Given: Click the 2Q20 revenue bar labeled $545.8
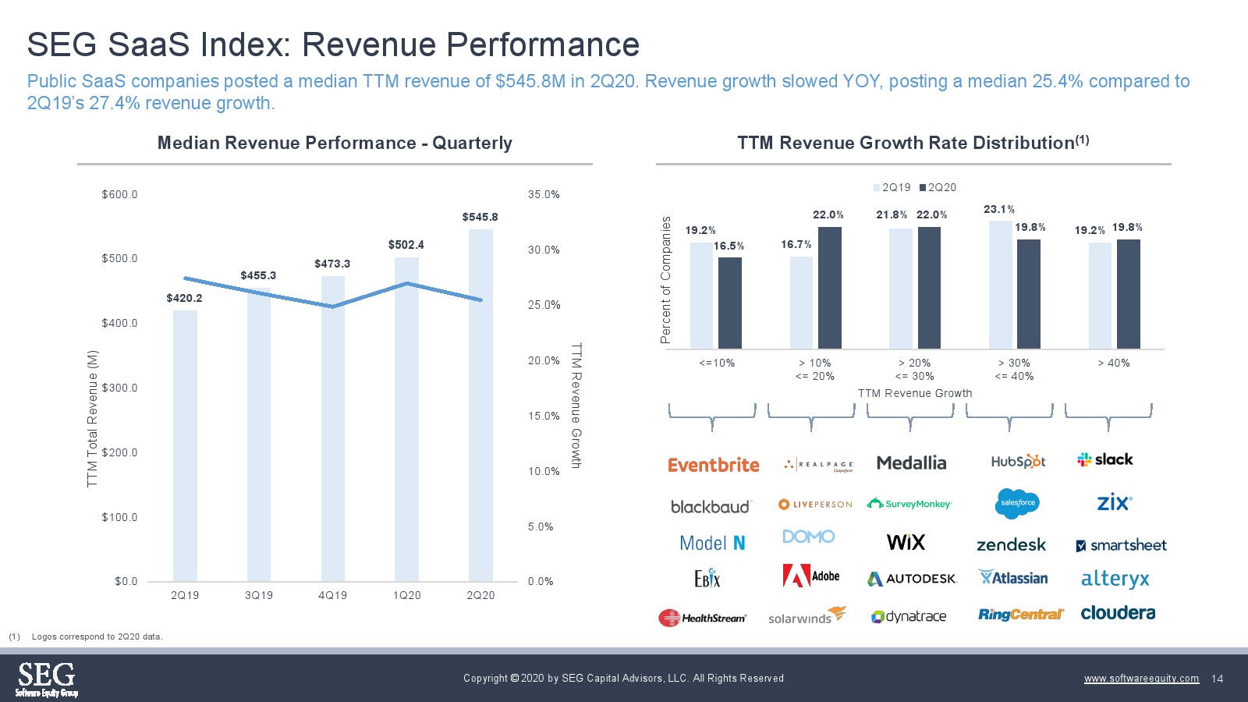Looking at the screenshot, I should tap(480, 406).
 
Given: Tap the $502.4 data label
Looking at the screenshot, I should tap(406, 245).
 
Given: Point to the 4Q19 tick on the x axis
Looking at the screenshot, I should tap(332, 595).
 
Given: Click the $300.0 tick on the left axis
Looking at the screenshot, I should tap(119, 388).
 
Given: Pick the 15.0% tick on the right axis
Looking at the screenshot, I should tap(544, 416).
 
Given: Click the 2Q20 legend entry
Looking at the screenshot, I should tap(938, 187).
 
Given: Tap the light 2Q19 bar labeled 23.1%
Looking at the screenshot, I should tap(1001, 285).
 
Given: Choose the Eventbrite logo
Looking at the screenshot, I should tap(713, 465).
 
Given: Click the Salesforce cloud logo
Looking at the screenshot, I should tap(1018, 503).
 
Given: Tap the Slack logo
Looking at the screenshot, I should tap(1104, 459).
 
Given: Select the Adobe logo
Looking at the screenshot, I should tap(811, 576).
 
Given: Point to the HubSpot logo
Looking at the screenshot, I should tap(1018, 462).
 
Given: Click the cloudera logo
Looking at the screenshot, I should tap(1118, 613).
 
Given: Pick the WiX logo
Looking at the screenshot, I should tap(906, 542).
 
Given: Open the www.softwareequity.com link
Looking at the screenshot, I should tap(1141, 679).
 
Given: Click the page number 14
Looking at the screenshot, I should tap(1218, 679).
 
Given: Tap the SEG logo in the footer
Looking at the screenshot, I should tap(47, 679).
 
